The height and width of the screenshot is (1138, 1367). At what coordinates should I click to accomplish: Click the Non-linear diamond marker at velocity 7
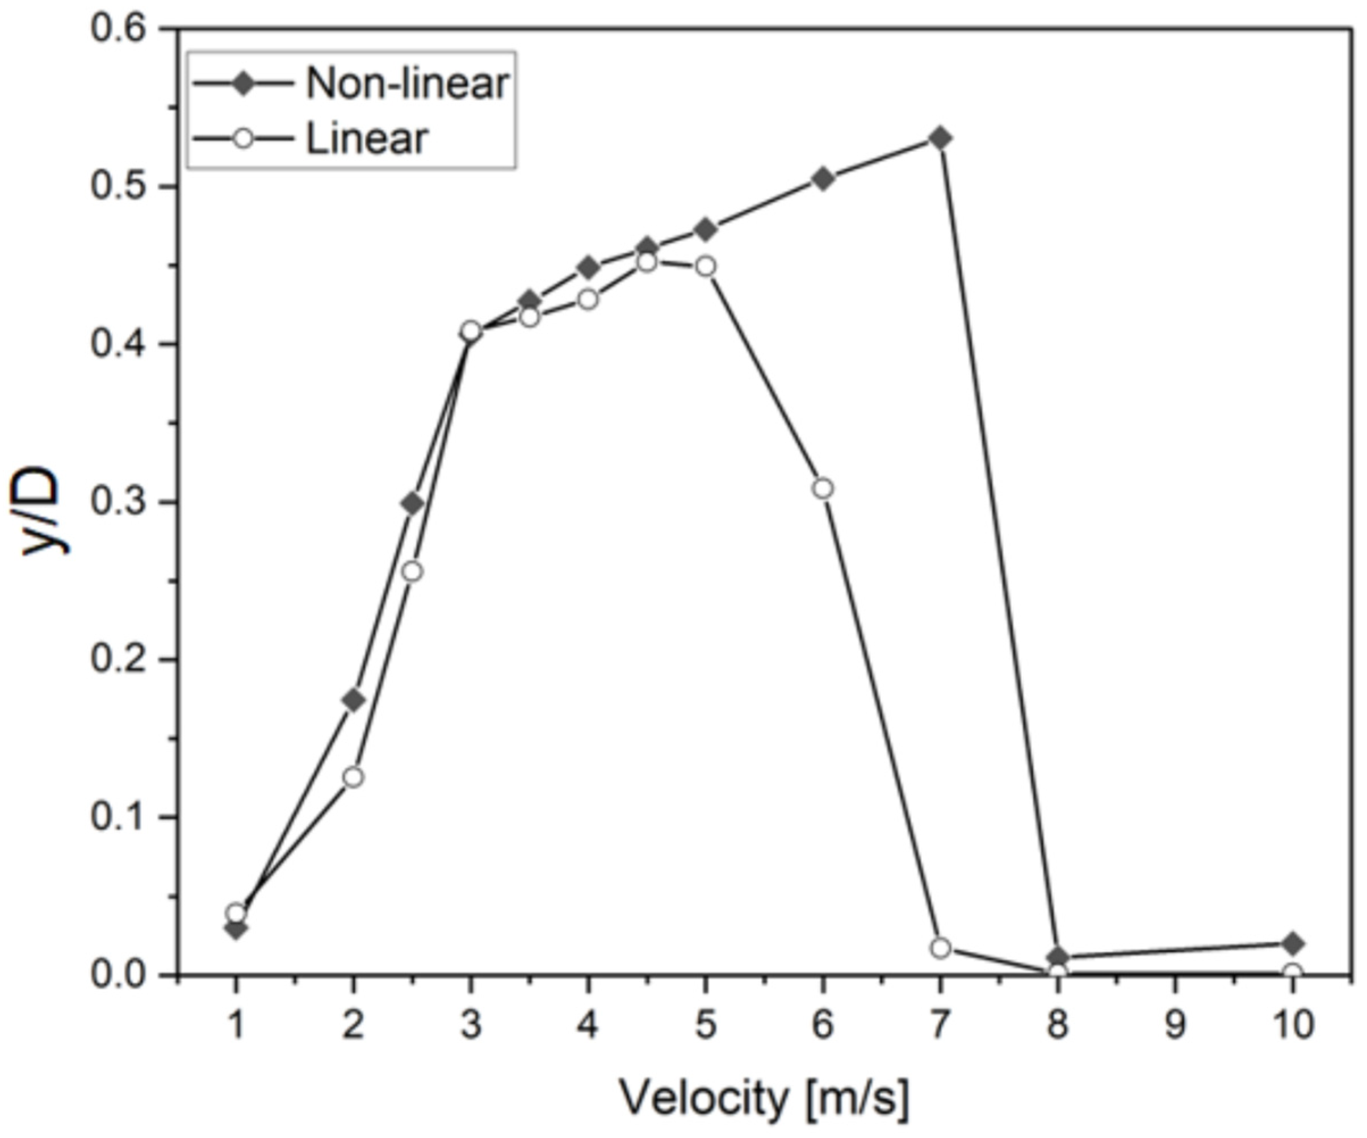coord(940,138)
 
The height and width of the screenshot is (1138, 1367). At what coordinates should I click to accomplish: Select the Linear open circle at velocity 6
coord(823,489)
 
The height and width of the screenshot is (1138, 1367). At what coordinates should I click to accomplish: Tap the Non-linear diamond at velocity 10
coord(1292,943)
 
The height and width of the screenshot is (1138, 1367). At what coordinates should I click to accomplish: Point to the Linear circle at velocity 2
coord(353,777)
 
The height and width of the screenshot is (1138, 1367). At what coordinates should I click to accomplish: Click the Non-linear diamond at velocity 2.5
coord(412,503)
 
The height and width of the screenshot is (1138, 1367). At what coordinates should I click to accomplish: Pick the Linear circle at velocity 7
coord(940,948)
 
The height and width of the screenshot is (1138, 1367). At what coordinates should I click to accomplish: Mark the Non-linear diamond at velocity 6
coord(823,178)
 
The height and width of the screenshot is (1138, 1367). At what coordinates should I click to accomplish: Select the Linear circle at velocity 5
coord(706,266)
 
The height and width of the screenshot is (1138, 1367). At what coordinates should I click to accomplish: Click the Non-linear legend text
coord(406,84)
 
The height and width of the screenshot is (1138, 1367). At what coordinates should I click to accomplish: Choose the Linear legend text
coord(367,138)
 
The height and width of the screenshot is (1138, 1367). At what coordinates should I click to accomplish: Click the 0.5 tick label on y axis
coord(117,186)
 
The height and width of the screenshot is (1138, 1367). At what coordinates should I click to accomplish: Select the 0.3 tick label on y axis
coord(117,502)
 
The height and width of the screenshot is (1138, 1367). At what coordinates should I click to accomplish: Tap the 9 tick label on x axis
coord(1175,1026)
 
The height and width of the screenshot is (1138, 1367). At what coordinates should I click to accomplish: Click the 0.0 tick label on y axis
coord(117,974)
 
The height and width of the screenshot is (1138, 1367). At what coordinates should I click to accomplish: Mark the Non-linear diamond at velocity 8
coord(1058,957)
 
